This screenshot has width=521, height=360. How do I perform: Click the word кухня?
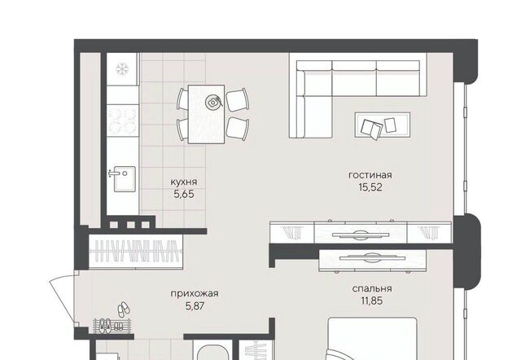pyautogui.click(x=184, y=182)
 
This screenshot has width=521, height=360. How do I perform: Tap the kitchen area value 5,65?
pyautogui.click(x=184, y=194)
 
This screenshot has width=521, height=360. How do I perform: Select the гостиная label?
pyautogui.click(x=370, y=175)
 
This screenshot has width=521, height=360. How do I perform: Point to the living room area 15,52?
pyautogui.click(x=370, y=187)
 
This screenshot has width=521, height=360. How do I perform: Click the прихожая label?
pyautogui.click(x=195, y=293)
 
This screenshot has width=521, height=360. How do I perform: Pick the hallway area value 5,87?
pyautogui.click(x=195, y=305)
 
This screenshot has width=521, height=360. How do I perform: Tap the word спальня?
pyautogui.click(x=372, y=288)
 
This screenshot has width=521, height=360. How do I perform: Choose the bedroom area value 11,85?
pyautogui.click(x=372, y=301)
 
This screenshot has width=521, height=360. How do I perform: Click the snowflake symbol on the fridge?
pyautogui.click(x=122, y=69)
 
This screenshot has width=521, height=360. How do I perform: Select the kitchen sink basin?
pyautogui.click(x=125, y=179)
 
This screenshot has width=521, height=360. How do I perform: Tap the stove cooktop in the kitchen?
pyautogui.click(x=122, y=121)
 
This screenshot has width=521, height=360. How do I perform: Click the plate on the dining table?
pyautogui.click(x=212, y=102)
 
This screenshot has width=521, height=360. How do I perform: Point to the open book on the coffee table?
pyautogui.click(x=372, y=129)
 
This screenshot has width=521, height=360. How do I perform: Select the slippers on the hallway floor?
pyautogui.click(x=124, y=310)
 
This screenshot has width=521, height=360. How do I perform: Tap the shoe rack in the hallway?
pyautogui.click(x=113, y=326)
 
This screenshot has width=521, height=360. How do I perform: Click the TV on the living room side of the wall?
pyautogui.click(x=361, y=234)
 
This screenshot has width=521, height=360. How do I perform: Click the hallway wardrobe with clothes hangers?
pyautogui.click(x=136, y=252)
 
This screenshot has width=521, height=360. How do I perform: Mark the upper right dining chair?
pyautogui.click(x=238, y=99)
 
